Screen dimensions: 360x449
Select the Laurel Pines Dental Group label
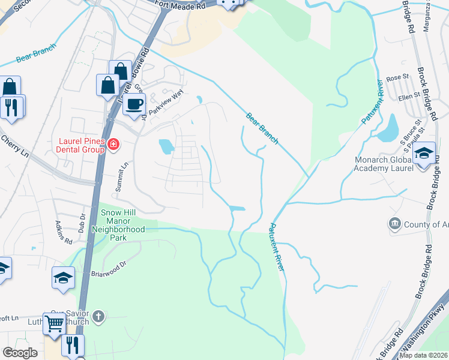tap(78, 144)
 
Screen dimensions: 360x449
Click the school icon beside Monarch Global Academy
tap(424, 154)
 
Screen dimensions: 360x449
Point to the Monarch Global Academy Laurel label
tap(393, 164)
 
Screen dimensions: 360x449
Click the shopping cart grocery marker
tap(54, 323)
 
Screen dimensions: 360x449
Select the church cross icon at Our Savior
tap(98, 315)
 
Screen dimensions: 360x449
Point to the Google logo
tap(20, 353)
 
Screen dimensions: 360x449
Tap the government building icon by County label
tap(395, 224)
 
